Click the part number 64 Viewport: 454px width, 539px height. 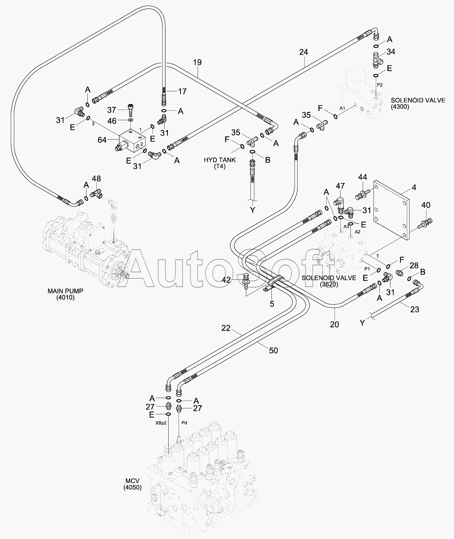pyautogui.click(x=102, y=140)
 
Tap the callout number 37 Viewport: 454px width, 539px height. pyautogui.click(x=112, y=110)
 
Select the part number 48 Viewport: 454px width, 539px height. pyautogui.click(x=96, y=179)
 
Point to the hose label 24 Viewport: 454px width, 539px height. pyautogui.click(x=304, y=52)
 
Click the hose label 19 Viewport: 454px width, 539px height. pyautogui.click(x=197, y=62)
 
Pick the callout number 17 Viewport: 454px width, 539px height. pyautogui.click(x=182, y=91)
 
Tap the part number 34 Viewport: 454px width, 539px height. pyautogui.click(x=391, y=52)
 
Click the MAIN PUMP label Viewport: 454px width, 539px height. pyautogui.click(x=65, y=294)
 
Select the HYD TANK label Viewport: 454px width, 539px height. pyautogui.click(x=219, y=163)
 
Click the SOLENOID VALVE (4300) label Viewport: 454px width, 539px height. pyautogui.click(x=418, y=103)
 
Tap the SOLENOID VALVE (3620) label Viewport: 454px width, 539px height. pyautogui.click(x=329, y=281)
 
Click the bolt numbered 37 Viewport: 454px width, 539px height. pyautogui.click(x=131, y=110)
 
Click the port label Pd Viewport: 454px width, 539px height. pyautogui.click(x=184, y=423)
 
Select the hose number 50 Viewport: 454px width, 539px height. pyautogui.click(x=273, y=350)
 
